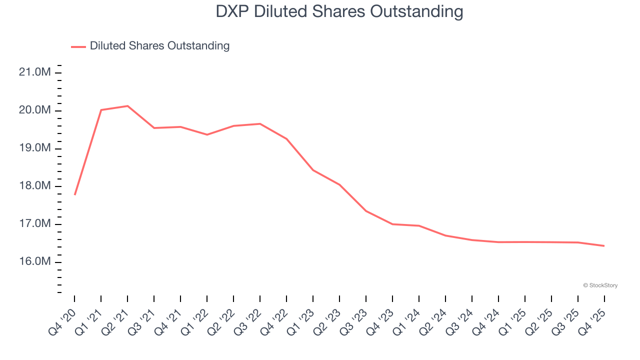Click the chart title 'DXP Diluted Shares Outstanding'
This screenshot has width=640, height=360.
point(339,11)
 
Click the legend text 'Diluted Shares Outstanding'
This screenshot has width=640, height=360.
point(159,46)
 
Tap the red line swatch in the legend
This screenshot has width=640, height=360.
point(78,46)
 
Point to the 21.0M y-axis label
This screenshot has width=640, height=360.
point(34,72)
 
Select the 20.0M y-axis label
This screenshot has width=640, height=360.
point(34,110)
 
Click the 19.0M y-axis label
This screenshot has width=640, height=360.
point(34,148)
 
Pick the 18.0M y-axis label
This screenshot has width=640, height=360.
point(34,186)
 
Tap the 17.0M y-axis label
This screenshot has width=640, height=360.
point(34,224)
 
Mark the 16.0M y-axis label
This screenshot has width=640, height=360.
point(34,262)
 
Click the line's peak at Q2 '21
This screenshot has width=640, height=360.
point(127,106)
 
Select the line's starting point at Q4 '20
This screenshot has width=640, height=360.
point(74,194)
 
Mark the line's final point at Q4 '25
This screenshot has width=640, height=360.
point(604,245)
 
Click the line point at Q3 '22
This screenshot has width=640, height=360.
point(260,123)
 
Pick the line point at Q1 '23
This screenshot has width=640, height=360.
point(313,170)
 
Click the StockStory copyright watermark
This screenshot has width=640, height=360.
point(600,285)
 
